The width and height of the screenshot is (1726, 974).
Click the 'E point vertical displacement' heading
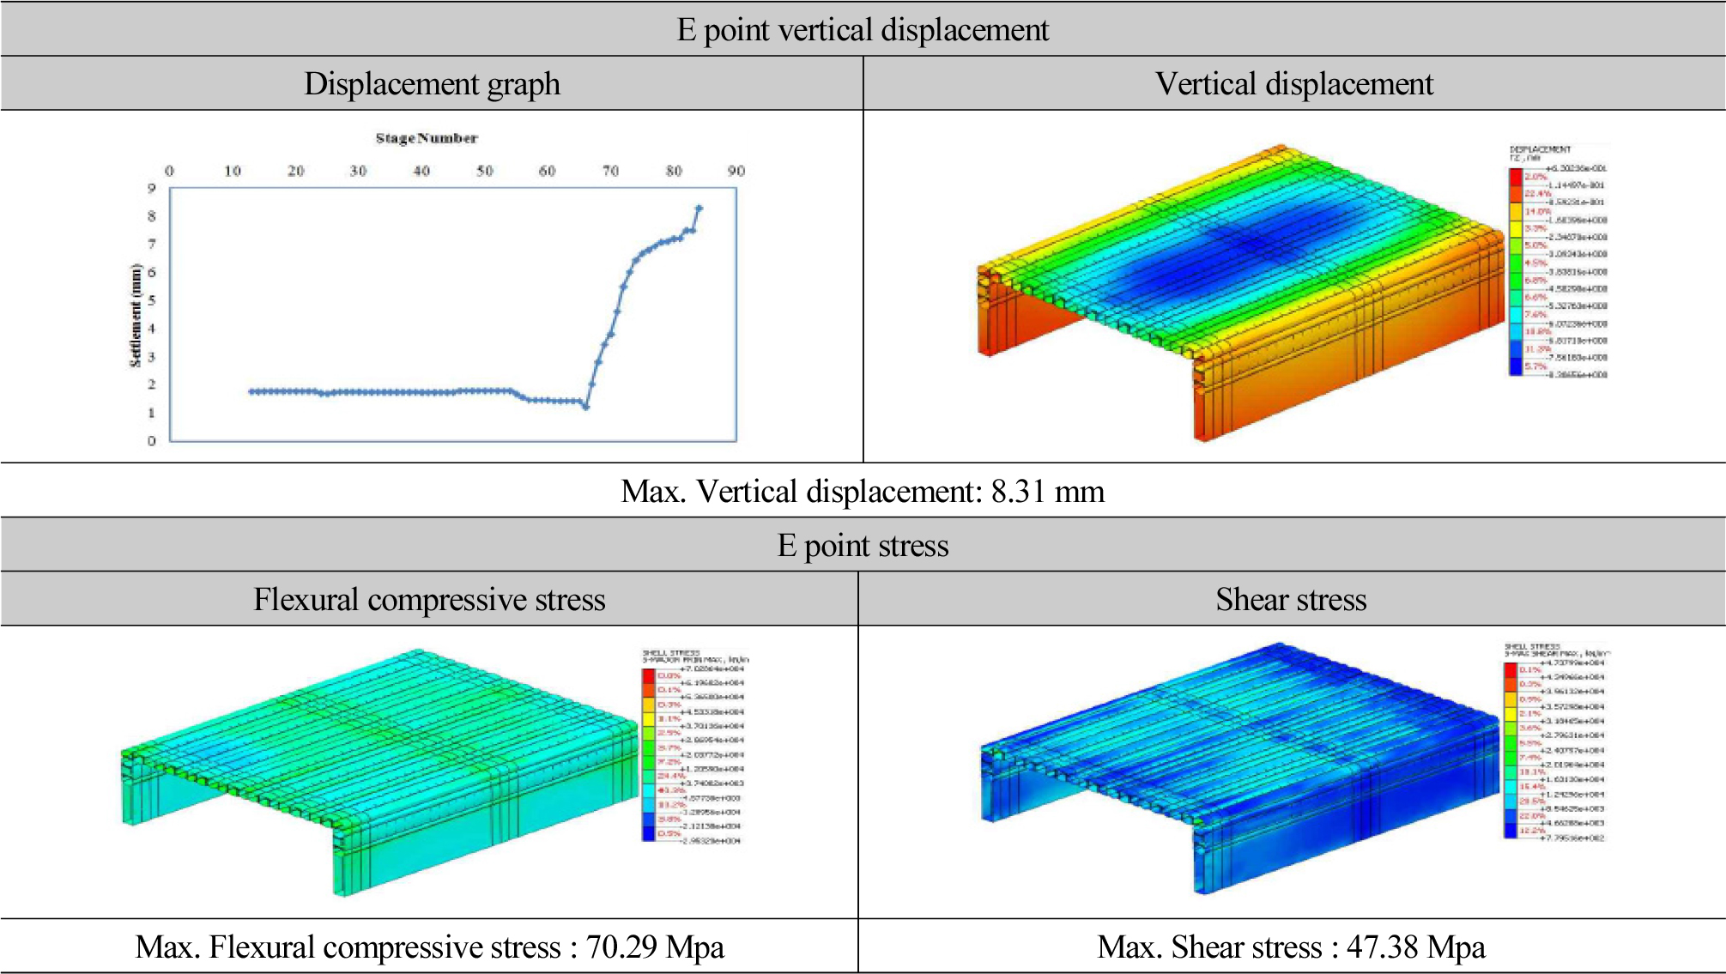[x=863, y=30]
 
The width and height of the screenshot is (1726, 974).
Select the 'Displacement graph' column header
[x=432, y=84]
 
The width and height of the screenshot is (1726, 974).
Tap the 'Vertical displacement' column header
[x=1293, y=84]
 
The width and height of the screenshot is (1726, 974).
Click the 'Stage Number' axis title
[x=426, y=138]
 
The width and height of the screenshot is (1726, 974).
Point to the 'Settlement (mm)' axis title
[x=135, y=315]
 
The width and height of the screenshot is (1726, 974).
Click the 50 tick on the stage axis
[x=485, y=171]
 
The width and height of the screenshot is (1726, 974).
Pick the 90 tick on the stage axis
[x=736, y=171]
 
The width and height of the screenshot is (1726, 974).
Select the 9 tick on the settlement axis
[x=152, y=188]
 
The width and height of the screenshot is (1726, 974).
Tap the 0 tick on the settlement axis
[x=152, y=441]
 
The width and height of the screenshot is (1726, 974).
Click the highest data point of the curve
[x=699, y=208]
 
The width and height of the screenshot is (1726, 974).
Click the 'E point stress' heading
[x=863, y=546]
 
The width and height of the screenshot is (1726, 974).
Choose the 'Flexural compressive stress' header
[x=429, y=600]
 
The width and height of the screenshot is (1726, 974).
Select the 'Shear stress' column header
[x=1291, y=600]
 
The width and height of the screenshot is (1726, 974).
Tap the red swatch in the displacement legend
[x=1516, y=177]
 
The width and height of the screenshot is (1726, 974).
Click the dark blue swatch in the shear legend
[x=1511, y=830]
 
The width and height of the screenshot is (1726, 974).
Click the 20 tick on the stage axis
[x=296, y=171]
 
